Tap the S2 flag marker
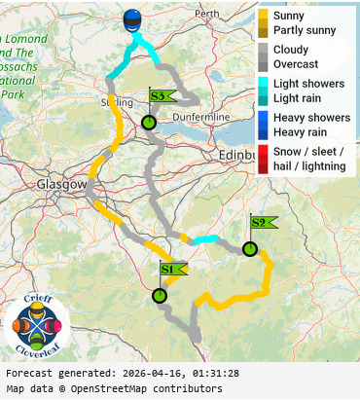pos(261,222)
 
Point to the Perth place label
pos(206,14)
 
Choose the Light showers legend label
pos(308,84)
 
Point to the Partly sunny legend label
pos(305,30)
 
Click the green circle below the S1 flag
pos(160,296)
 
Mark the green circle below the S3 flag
pos(149,123)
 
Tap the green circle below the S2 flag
pos(250,249)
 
